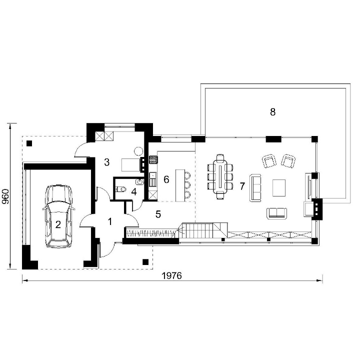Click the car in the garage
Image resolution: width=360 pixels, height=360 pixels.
point(58,216)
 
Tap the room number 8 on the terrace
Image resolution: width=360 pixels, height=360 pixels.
point(272,112)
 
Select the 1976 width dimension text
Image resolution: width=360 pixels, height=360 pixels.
point(171,275)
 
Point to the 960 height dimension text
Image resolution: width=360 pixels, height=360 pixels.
point(5,196)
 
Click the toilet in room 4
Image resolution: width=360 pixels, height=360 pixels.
point(121,189)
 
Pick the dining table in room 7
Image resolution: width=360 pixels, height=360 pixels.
point(220,176)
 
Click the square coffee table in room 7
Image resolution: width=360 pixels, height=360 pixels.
point(279,188)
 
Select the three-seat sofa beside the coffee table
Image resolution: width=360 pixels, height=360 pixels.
point(255,188)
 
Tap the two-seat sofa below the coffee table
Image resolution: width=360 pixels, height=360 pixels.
point(277,213)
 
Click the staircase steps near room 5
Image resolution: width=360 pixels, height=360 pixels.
point(198,230)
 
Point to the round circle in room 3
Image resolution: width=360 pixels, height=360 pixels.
point(138,151)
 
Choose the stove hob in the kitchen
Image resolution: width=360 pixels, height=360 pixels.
point(153,159)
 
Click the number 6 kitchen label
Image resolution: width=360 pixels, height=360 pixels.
point(166,179)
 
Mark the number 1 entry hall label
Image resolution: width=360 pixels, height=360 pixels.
point(110,222)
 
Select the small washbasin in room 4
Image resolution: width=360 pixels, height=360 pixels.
point(140,182)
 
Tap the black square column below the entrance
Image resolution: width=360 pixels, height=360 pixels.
point(145,261)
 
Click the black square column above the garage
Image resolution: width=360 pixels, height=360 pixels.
point(29,143)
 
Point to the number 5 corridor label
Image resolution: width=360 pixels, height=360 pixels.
point(158,214)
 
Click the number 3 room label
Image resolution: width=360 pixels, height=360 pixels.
point(107,162)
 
